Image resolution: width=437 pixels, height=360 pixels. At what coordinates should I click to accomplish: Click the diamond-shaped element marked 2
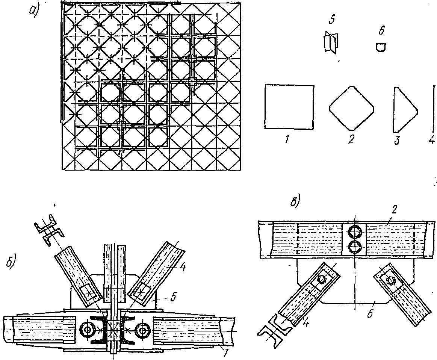click(352, 107)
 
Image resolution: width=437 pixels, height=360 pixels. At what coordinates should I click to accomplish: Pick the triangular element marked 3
click(404, 109)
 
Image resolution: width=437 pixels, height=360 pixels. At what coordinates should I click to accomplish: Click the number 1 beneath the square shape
click(287, 140)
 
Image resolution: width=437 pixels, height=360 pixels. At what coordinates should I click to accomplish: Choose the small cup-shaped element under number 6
click(381, 47)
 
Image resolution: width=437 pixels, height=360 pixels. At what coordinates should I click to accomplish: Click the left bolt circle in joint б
click(88, 330)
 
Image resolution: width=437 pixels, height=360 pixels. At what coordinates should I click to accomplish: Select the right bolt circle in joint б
click(143, 330)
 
